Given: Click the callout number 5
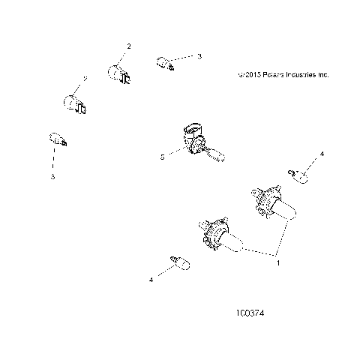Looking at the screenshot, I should pyautogui.click(x=161, y=157).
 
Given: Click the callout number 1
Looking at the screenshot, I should pyautogui.click(x=280, y=264).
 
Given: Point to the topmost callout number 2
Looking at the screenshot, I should pyautogui.click(x=128, y=46).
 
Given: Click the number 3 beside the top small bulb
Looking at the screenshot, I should pyautogui.click(x=199, y=56).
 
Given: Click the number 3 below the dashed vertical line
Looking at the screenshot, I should pyautogui.click(x=52, y=178).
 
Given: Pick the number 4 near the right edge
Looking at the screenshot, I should pyautogui.click(x=322, y=154).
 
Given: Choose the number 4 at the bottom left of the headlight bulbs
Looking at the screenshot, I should pyautogui.click(x=151, y=279).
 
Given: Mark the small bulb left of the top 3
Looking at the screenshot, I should pyautogui.click(x=165, y=62).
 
